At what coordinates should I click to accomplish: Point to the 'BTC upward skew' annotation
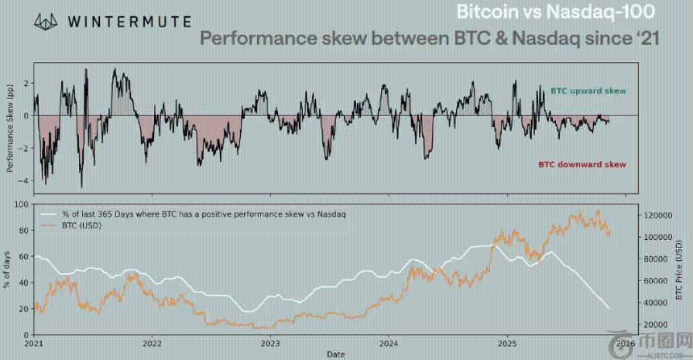point(587,92)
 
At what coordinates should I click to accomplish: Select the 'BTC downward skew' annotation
point(582,164)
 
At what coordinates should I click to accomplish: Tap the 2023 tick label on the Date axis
point(270,343)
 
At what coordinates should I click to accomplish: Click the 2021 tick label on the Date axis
point(33,343)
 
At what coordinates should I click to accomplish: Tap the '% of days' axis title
point(7,271)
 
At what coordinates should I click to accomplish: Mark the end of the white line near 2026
point(609,308)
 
